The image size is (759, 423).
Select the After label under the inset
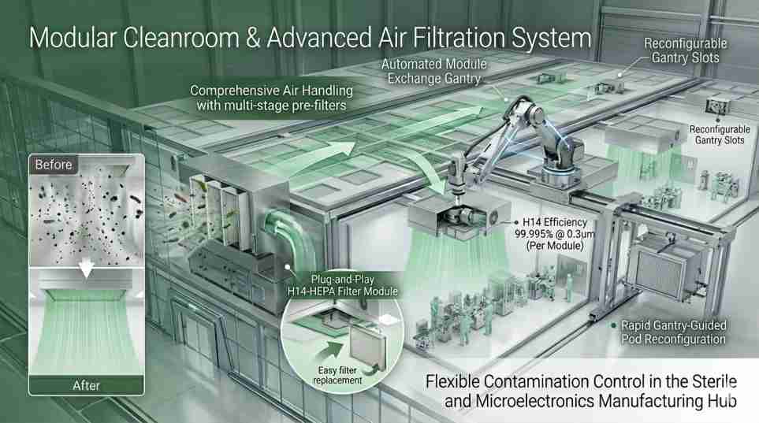86,385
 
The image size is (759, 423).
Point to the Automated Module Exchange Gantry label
433,70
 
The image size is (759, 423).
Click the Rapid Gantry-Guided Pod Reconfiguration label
673,332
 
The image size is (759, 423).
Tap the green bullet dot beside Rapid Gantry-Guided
614,324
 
